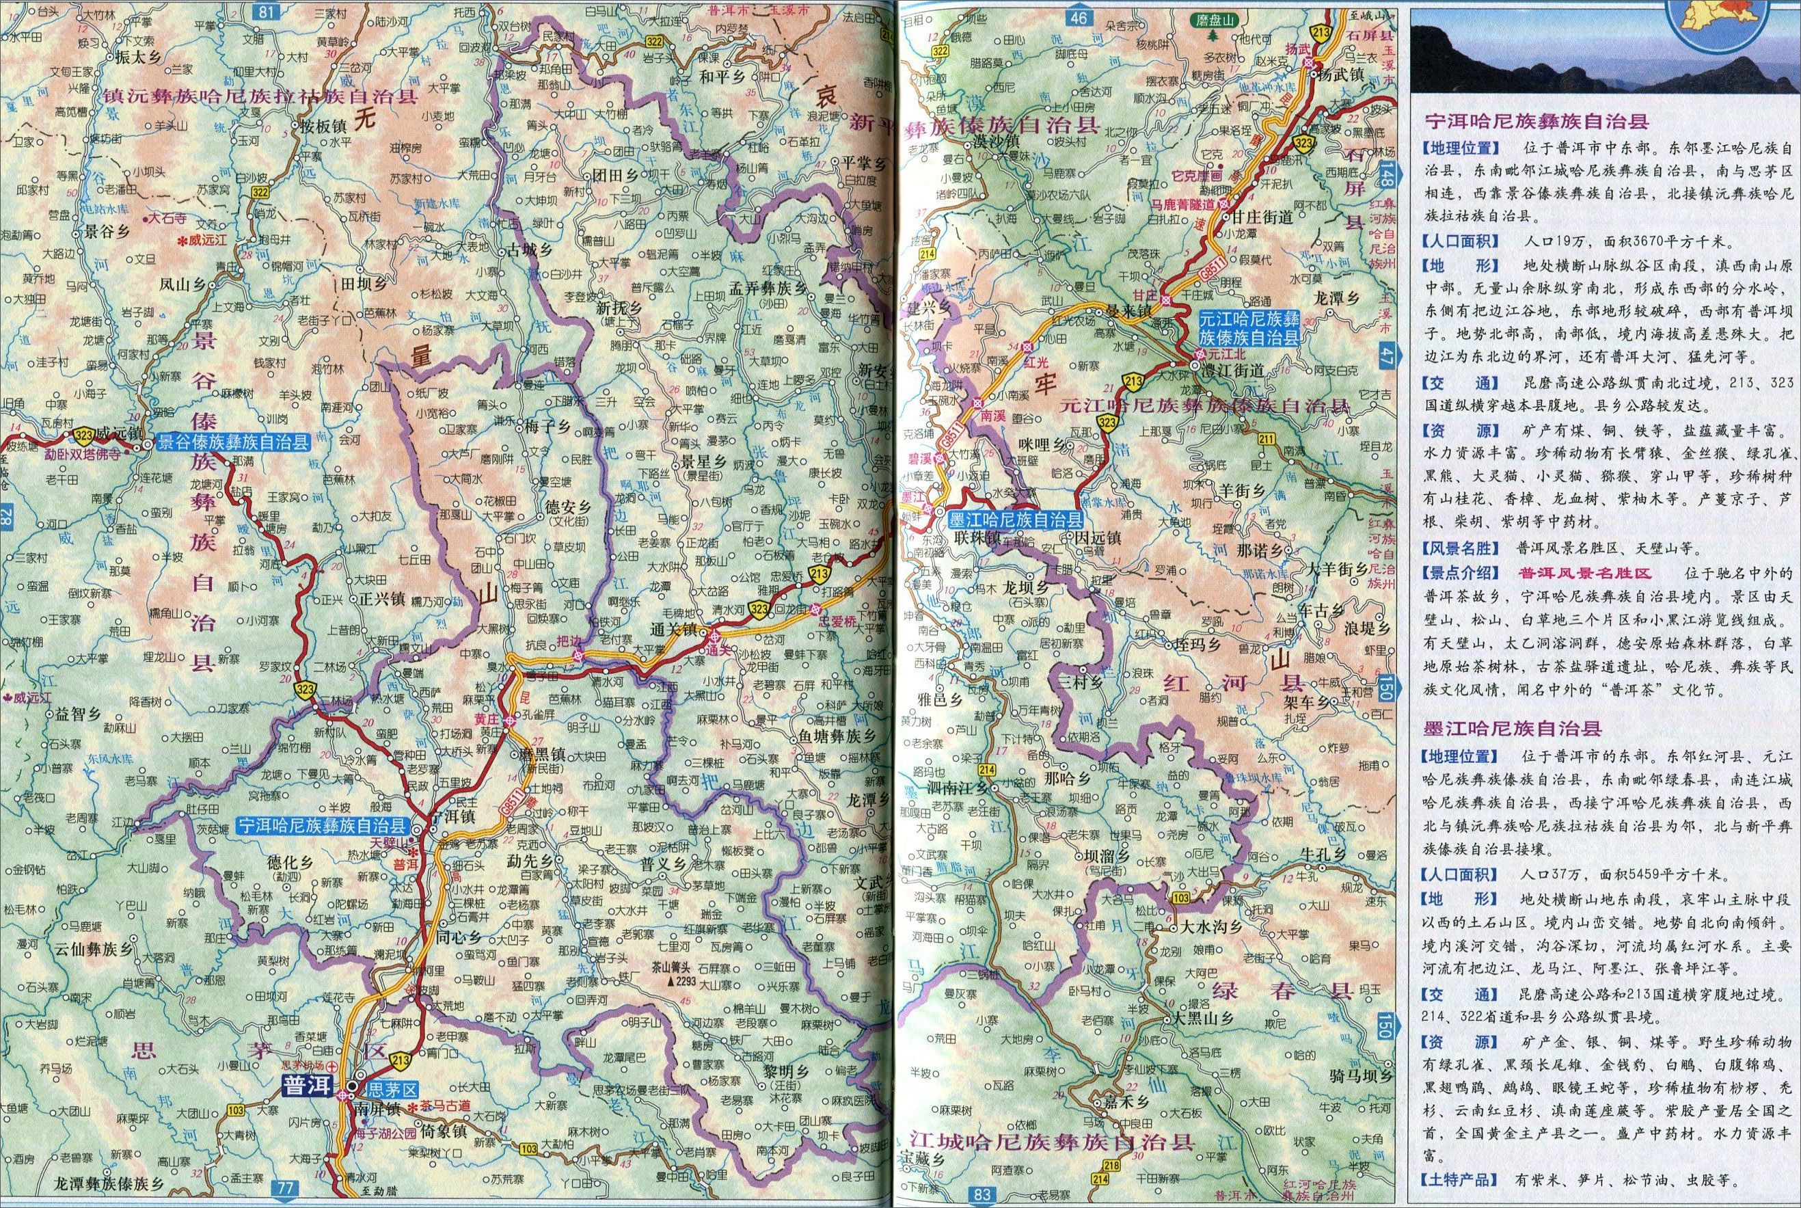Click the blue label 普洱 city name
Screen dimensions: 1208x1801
click(303, 1086)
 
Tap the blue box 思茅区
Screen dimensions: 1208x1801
click(392, 1088)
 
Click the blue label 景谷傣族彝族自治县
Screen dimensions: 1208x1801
click(233, 442)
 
